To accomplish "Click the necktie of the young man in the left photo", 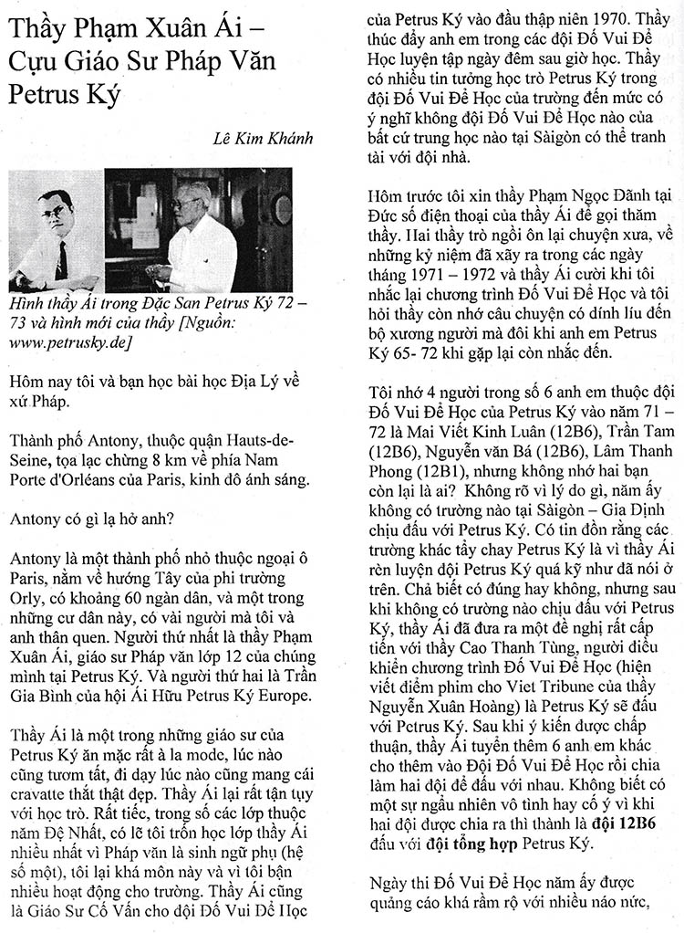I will tap(61, 259).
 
